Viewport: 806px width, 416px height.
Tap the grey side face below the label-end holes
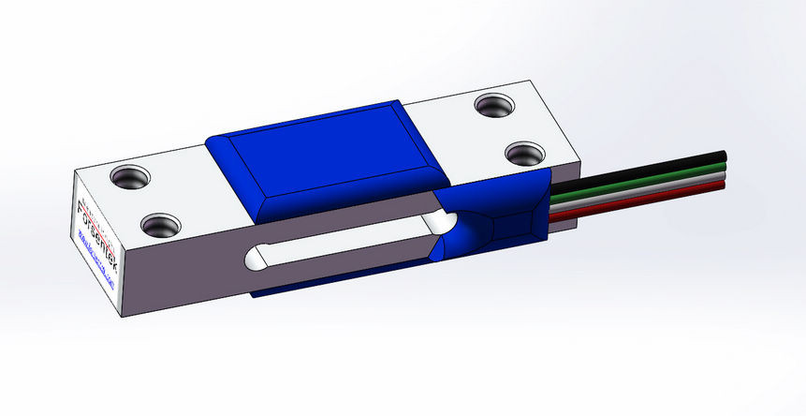click(x=187, y=272)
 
